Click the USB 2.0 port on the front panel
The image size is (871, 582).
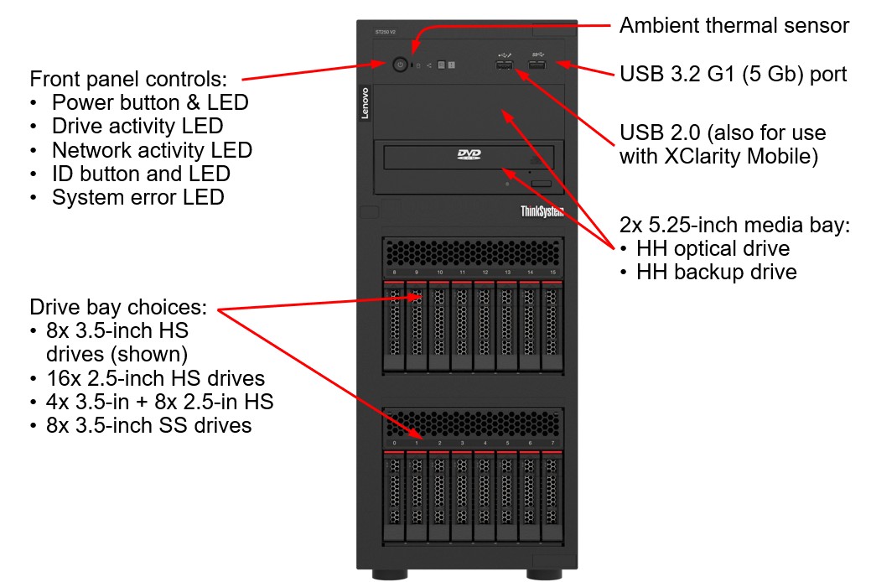pos(504,65)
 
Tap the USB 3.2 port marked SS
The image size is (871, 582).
pos(537,65)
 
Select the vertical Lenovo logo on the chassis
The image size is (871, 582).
pos(365,103)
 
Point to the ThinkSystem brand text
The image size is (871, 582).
pos(542,211)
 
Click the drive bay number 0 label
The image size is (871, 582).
pos(394,443)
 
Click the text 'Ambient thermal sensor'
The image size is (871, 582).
pos(734,26)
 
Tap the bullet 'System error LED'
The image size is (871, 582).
pos(137,198)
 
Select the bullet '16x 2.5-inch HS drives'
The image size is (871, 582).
pos(158,378)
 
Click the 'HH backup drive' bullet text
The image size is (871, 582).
pos(716,272)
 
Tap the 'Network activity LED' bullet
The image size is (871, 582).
pos(152,150)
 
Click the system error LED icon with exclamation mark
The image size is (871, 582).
pos(452,65)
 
